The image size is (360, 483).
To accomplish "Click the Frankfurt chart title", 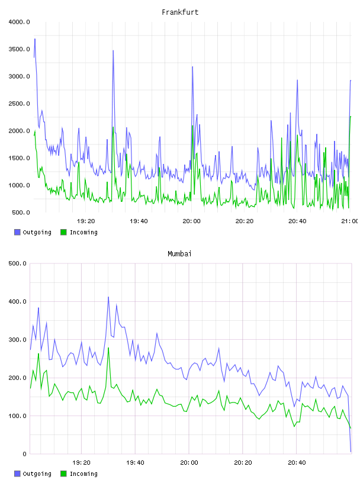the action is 180,12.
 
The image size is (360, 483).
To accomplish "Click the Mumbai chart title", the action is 179,254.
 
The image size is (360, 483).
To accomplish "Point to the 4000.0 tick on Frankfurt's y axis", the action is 19,22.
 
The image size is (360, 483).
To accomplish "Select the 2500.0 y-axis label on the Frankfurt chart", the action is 19,104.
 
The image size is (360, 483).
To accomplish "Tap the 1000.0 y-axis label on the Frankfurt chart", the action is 19,185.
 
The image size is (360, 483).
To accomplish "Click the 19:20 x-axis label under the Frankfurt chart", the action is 86,221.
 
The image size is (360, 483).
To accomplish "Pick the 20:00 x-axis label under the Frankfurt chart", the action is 191,221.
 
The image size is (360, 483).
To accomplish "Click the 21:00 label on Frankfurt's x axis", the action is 350,221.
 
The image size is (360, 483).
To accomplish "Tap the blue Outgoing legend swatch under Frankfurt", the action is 17,232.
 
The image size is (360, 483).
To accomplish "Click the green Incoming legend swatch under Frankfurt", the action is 63,232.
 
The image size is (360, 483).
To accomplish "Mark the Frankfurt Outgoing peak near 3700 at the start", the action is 35,39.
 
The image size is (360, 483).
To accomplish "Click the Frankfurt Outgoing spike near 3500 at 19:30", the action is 113,50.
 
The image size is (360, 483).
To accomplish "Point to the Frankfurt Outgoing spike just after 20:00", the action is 192,66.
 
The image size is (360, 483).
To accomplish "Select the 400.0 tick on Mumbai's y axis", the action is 17,301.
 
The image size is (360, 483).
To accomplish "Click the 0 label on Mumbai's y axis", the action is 24,454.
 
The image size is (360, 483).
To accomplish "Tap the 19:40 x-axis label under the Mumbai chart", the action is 135,462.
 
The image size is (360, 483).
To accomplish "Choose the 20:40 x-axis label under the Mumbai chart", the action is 297,462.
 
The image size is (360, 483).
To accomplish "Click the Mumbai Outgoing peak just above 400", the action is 108,297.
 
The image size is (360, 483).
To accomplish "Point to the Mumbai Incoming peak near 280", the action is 108,348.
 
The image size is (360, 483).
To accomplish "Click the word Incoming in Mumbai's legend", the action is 83,474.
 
